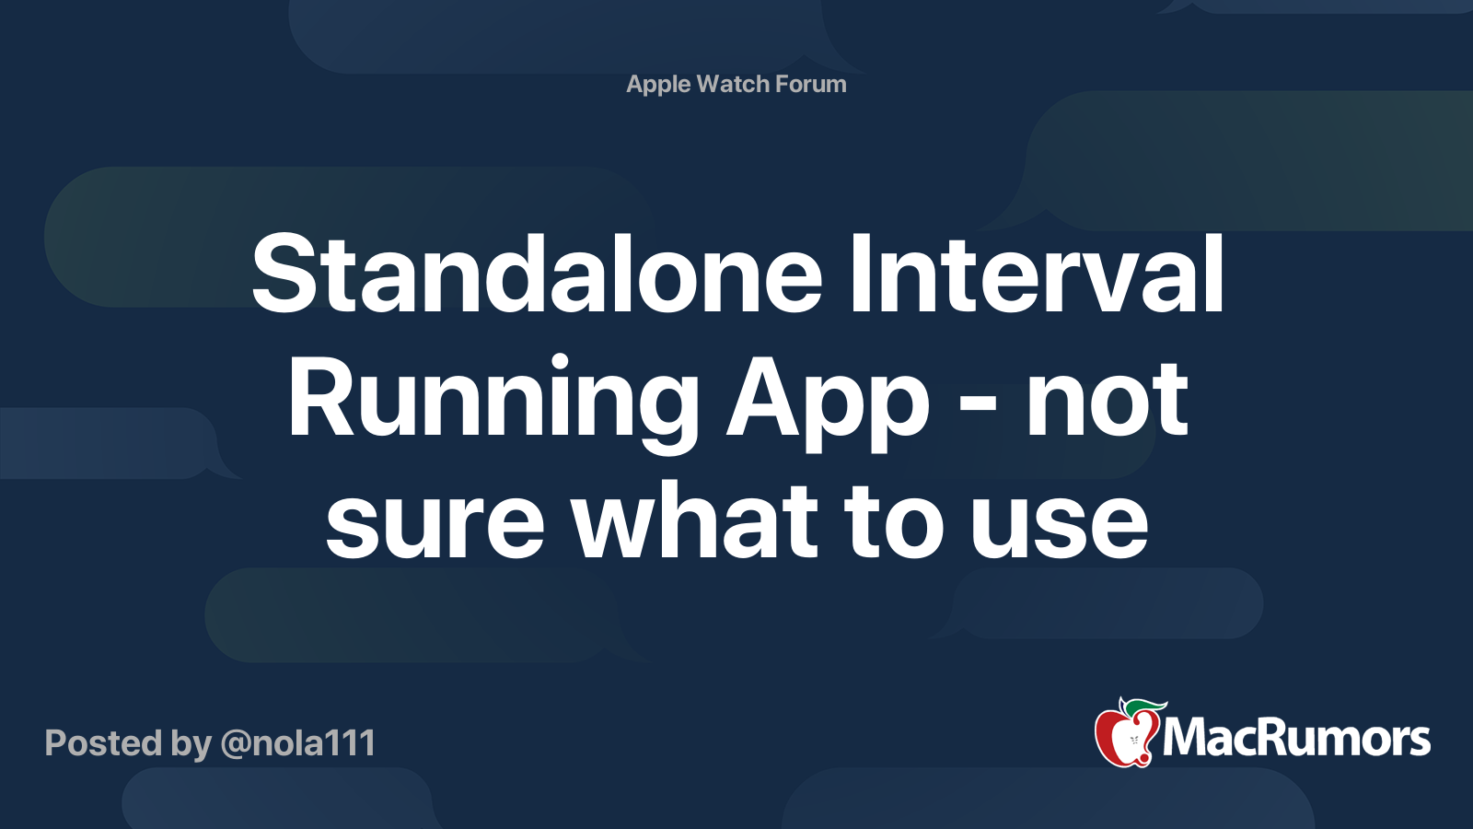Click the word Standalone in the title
(x=537, y=273)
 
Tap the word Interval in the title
(x=1037, y=273)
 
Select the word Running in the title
(x=493, y=403)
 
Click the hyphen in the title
(x=979, y=414)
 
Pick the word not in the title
(x=1107, y=402)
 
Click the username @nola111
(x=298, y=743)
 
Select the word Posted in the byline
(x=104, y=743)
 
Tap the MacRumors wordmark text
(x=1296, y=738)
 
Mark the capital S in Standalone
(x=281, y=273)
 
